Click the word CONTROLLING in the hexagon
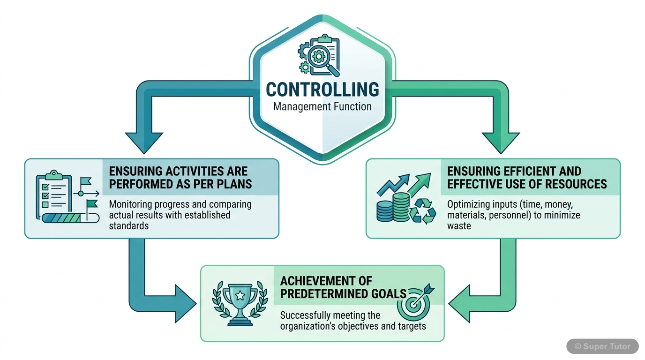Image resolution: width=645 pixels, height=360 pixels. click(x=322, y=90)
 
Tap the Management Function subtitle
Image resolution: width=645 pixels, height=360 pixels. click(x=322, y=106)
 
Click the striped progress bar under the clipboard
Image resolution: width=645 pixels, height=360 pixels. click(x=70, y=218)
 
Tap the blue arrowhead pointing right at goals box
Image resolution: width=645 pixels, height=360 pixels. click(x=185, y=303)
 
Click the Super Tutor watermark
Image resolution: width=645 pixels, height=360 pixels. click(x=602, y=346)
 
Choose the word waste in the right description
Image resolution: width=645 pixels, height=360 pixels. click(x=459, y=225)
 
